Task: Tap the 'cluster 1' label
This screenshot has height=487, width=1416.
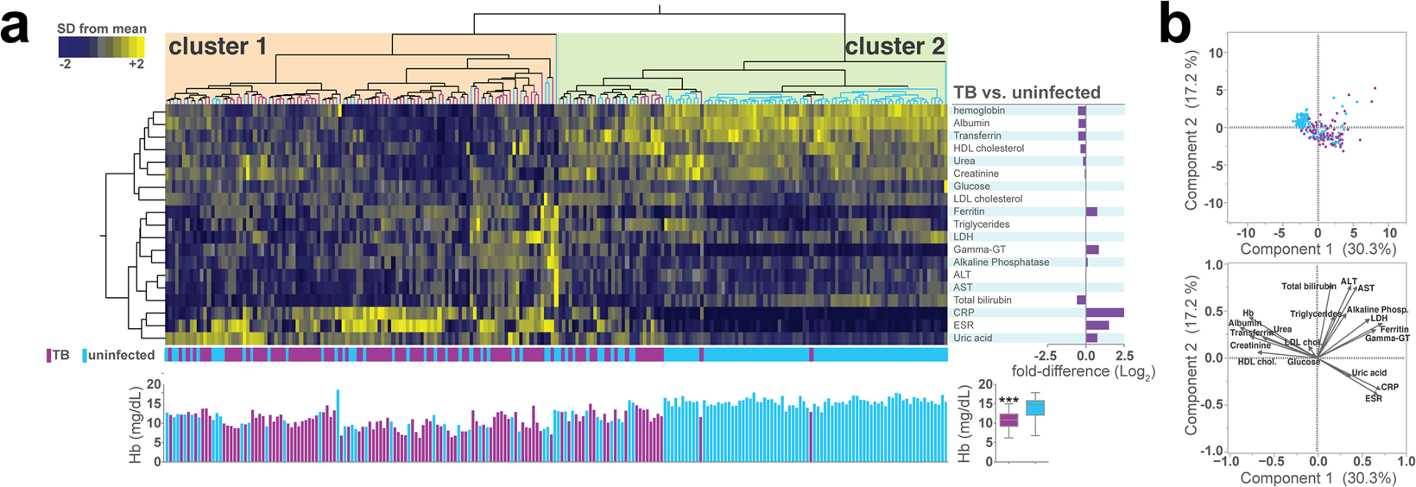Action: click(218, 47)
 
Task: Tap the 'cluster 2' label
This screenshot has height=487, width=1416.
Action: click(894, 47)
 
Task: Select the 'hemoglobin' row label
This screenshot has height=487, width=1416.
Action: click(979, 111)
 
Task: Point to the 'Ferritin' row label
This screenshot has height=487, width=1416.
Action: click(969, 212)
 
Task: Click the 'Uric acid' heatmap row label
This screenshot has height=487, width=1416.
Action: click(972, 338)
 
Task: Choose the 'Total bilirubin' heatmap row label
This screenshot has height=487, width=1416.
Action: click(983, 300)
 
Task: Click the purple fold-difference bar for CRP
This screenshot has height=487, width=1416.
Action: click(1105, 313)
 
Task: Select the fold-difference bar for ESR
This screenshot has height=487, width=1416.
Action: click(1097, 326)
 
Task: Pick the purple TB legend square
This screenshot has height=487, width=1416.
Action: click(49, 355)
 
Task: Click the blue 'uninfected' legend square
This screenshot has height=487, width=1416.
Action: click(85, 355)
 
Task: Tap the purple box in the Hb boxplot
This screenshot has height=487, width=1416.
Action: click(1008, 421)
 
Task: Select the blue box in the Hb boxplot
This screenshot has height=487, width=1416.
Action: click(1034, 408)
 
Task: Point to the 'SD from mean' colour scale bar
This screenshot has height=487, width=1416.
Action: click(101, 47)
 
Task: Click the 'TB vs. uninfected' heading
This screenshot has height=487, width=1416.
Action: click(1027, 92)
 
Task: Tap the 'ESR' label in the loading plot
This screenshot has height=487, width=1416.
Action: click(1373, 398)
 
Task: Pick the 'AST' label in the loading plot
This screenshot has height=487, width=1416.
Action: click(1366, 288)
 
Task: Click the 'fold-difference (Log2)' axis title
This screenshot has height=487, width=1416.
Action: click(1083, 372)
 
